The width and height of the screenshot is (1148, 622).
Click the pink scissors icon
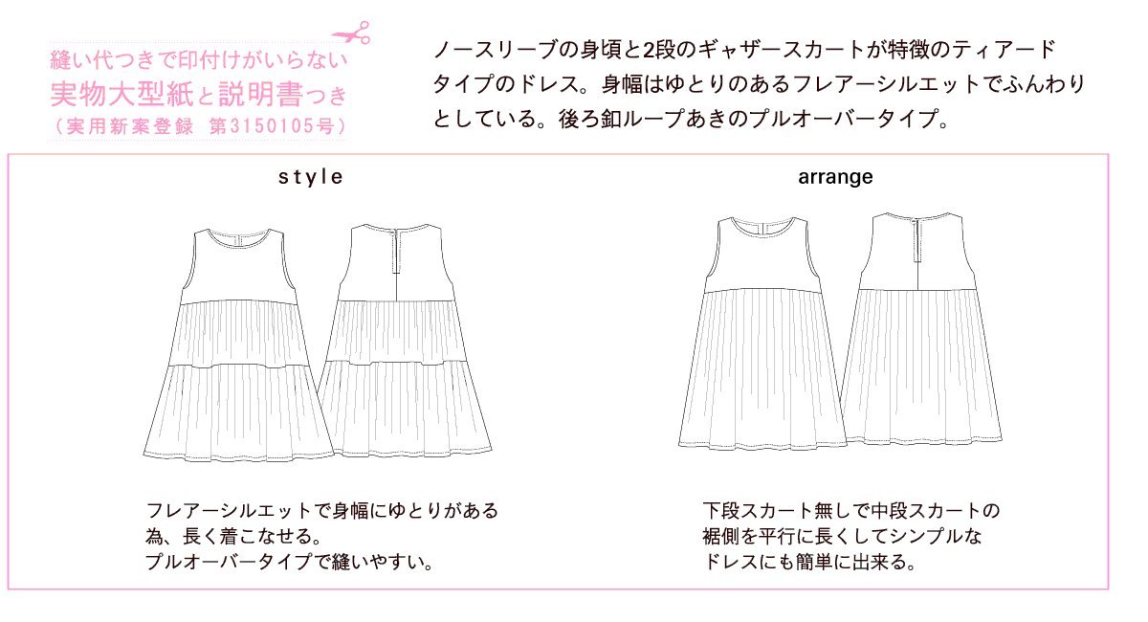357,33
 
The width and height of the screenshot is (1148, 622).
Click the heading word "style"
310,177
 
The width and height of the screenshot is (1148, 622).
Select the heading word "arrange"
834,177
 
